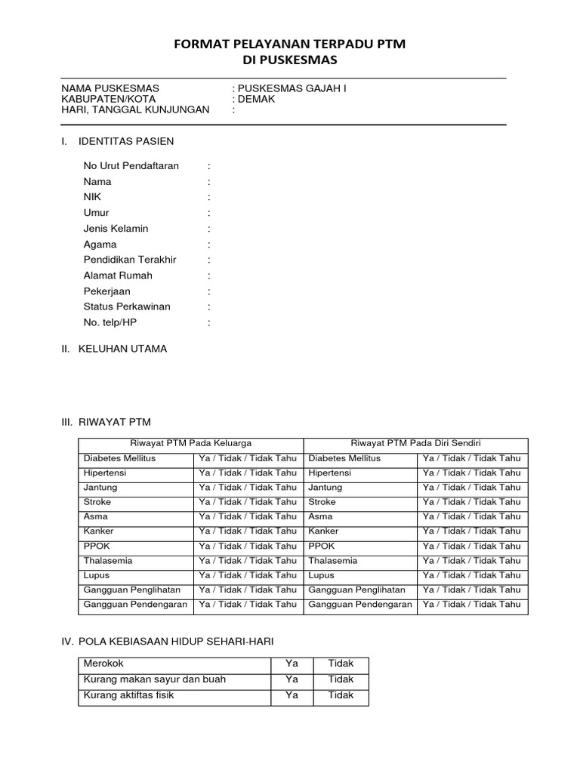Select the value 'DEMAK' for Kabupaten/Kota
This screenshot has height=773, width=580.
(257, 99)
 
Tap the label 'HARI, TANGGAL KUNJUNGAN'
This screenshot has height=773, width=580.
(135, 109)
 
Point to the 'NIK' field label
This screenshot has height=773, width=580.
(92, 197)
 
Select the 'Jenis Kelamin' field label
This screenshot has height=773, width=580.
(116, 229)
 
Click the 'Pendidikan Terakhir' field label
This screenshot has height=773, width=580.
(130, 260)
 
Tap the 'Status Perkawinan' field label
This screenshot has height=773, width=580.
(127, 306)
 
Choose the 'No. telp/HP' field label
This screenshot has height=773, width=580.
(110, 322)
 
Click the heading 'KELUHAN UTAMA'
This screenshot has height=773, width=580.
(123, 349)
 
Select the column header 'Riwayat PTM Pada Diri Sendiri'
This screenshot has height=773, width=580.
(415, 443)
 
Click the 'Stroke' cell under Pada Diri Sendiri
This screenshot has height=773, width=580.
(322, 502)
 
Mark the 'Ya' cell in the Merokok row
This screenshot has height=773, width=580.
(292, 664)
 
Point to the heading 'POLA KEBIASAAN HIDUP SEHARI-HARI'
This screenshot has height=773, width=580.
(175, 642)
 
